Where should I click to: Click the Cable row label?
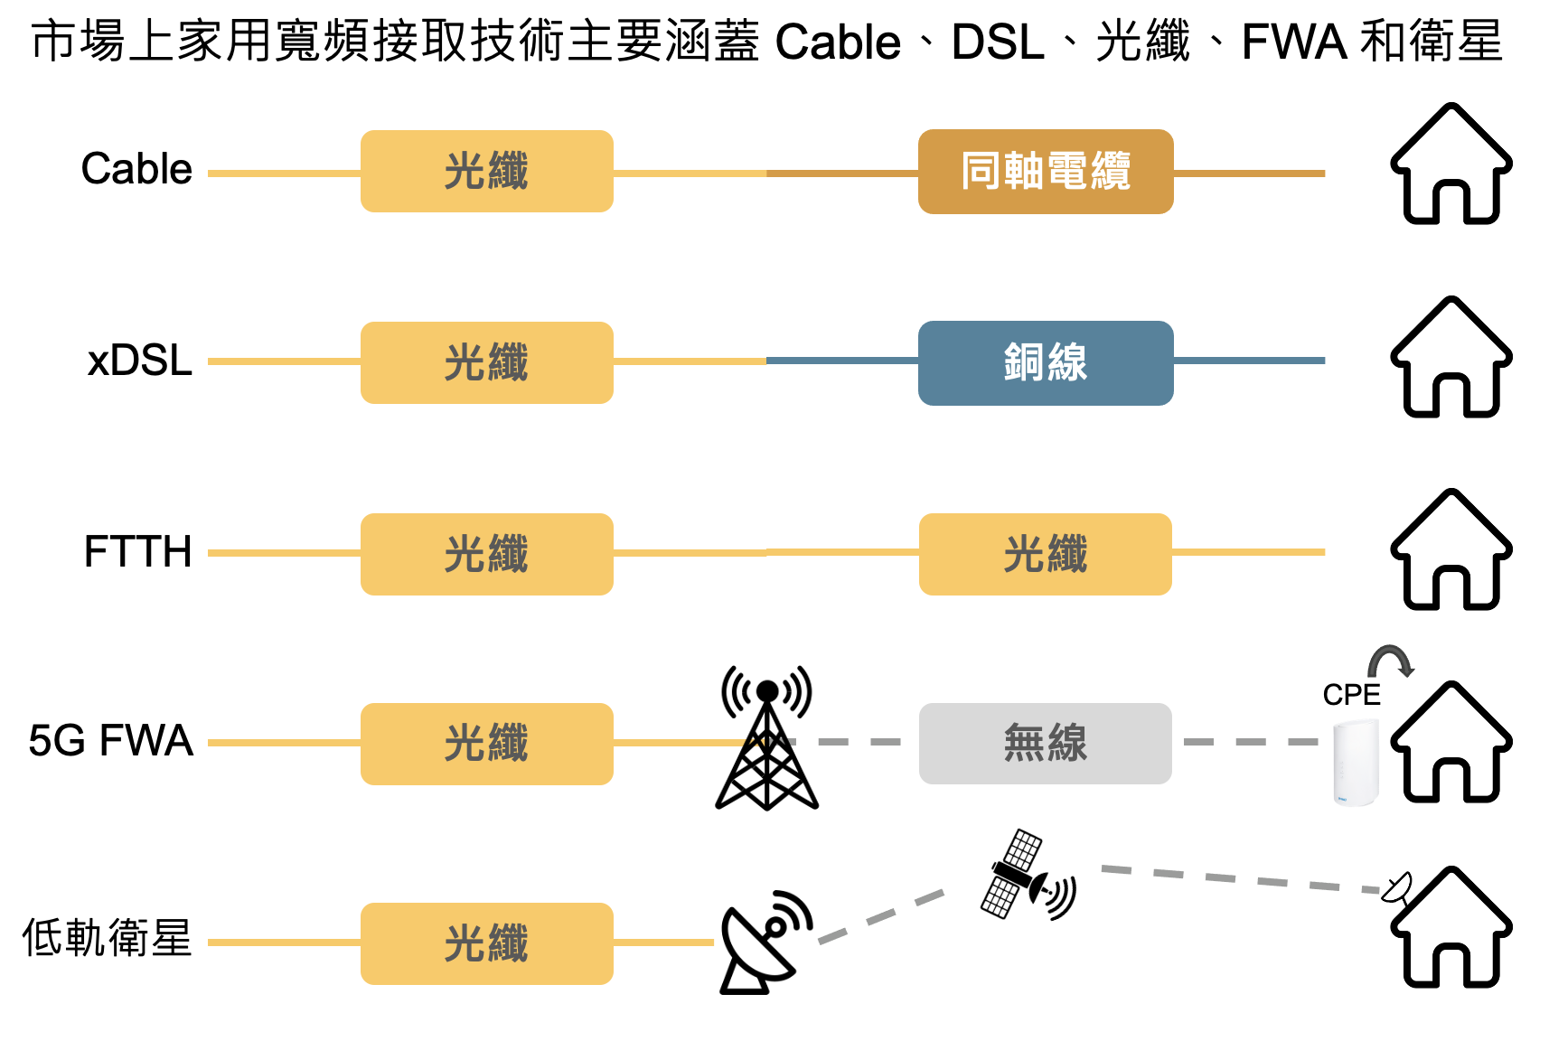136,169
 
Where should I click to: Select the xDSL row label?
139,361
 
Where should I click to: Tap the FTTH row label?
137,551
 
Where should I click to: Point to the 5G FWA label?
110,741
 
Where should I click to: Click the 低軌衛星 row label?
107,937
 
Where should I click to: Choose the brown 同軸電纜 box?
1046,172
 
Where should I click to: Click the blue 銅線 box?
1046,363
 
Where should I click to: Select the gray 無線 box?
1046,744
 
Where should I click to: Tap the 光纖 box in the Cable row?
486,172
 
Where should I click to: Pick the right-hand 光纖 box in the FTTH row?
1046,554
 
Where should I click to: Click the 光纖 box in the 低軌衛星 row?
486,943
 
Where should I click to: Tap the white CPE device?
1357,761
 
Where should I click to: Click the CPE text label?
1351,695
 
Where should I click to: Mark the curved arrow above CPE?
1390,661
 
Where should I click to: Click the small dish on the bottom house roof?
1397,887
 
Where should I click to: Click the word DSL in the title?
998,42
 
